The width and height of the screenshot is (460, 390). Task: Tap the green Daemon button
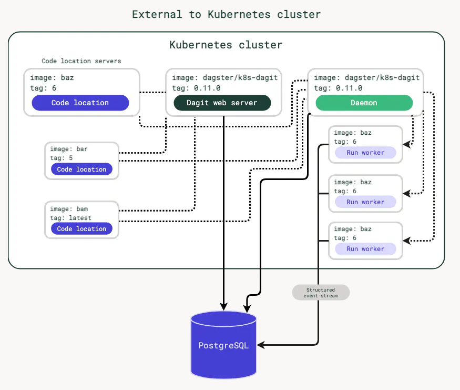(364, 103)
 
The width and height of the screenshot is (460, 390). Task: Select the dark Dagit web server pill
(222, 103)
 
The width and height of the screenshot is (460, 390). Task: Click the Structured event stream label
(321, 293)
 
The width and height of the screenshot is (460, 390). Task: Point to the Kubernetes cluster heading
(226, 45)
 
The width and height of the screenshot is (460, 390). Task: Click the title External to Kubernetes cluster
(226, 14)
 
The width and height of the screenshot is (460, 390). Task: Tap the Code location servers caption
(81, 61)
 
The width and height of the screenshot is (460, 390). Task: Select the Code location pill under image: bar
(81, 169)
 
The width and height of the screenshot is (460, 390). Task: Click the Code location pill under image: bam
(81, 229)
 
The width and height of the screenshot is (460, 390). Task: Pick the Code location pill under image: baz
(80, 103)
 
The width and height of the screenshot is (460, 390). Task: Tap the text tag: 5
(62, 158)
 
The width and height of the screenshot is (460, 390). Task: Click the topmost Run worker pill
(365, 153)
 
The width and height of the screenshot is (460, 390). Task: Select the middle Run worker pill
(365, 202)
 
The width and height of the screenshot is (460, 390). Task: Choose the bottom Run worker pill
(365, 249)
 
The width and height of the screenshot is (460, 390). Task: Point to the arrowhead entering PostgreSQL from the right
(261, 345)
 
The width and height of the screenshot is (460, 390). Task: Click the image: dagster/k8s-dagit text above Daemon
(366, 77)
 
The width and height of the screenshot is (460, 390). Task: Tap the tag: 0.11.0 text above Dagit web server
(196, 88)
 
